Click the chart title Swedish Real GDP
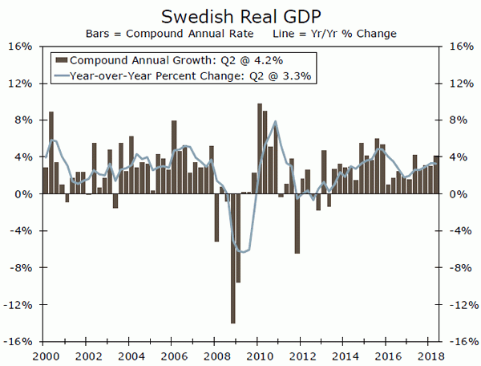[x=240, y=16]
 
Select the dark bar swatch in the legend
[x=61, y=60]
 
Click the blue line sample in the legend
[x=61, y=76]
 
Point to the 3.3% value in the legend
[x=296, y=76]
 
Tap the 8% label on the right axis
[x=460, y=120]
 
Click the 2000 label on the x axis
[x=45, y=356]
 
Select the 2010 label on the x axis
[x=260, y=356]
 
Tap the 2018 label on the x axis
[x=431, y=356]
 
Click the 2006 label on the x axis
[x=174, y=356]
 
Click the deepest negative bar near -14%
[x=232, y=258]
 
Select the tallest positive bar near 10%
[x=260, y=148]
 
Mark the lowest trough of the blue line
[x=241, y=252]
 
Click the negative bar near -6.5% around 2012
[x=297, y=224]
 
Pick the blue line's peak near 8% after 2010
[x=276, y=122]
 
